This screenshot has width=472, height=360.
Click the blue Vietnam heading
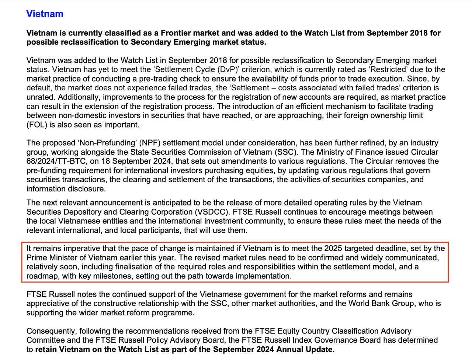(x=45, y=14)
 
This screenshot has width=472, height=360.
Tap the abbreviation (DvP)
(x=228, y=69)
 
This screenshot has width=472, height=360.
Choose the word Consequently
(x=51, y=331)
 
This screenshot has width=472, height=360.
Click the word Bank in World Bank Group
(x=375, y=304)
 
